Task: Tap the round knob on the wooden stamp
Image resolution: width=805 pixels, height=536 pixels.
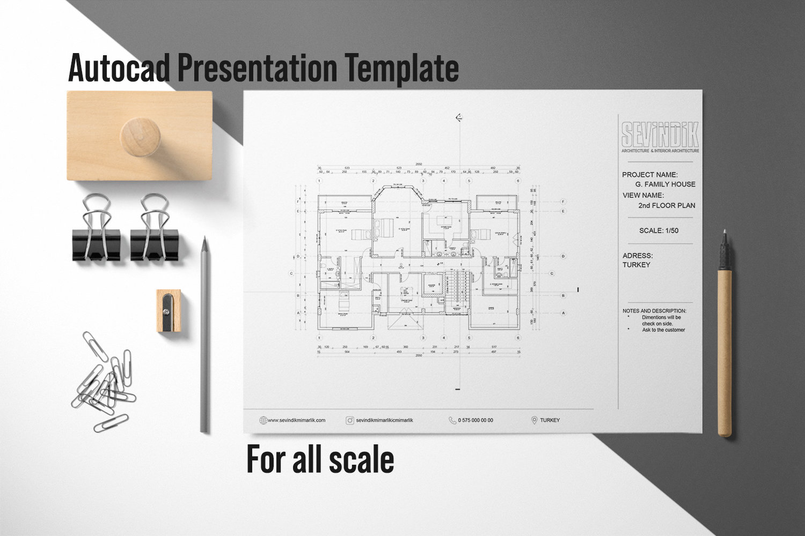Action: [x=138, y=136]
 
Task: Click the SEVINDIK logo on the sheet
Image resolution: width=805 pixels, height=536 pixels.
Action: [x=660, y=135]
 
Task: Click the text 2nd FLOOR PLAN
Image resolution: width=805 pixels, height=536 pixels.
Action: [x=667, y=205]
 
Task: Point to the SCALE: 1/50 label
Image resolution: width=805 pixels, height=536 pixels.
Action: [x=658, y=230]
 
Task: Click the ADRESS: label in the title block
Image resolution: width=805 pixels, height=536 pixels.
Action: [x=638, y=256]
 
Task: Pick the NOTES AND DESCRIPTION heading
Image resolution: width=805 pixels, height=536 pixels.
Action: [x=654, y=311]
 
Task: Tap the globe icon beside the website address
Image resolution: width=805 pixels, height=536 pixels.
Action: [x=263, y=420]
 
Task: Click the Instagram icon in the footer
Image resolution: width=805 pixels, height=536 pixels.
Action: [x=350, y=420]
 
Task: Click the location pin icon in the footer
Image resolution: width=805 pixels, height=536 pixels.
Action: [x=534, y=420]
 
